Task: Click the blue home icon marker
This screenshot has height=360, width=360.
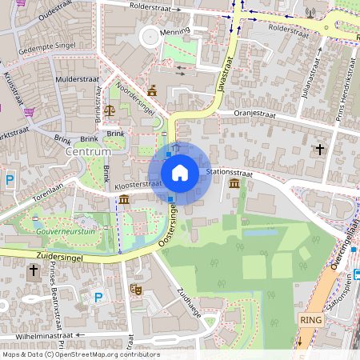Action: point(180,173)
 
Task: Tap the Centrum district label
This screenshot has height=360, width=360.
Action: point(90,151)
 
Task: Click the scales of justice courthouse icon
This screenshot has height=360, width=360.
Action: point(110,105)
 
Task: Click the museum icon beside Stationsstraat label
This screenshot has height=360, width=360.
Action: point(233,185)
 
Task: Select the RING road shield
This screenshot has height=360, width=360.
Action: point(310,319)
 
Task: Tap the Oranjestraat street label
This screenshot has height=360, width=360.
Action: point(254,114)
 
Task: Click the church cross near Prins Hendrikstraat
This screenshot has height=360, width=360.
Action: point(319,150)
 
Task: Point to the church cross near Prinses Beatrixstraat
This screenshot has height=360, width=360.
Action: point(34,271)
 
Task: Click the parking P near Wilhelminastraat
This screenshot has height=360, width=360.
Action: point(98,298)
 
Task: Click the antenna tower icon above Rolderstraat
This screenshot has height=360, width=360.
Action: point(311,13)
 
